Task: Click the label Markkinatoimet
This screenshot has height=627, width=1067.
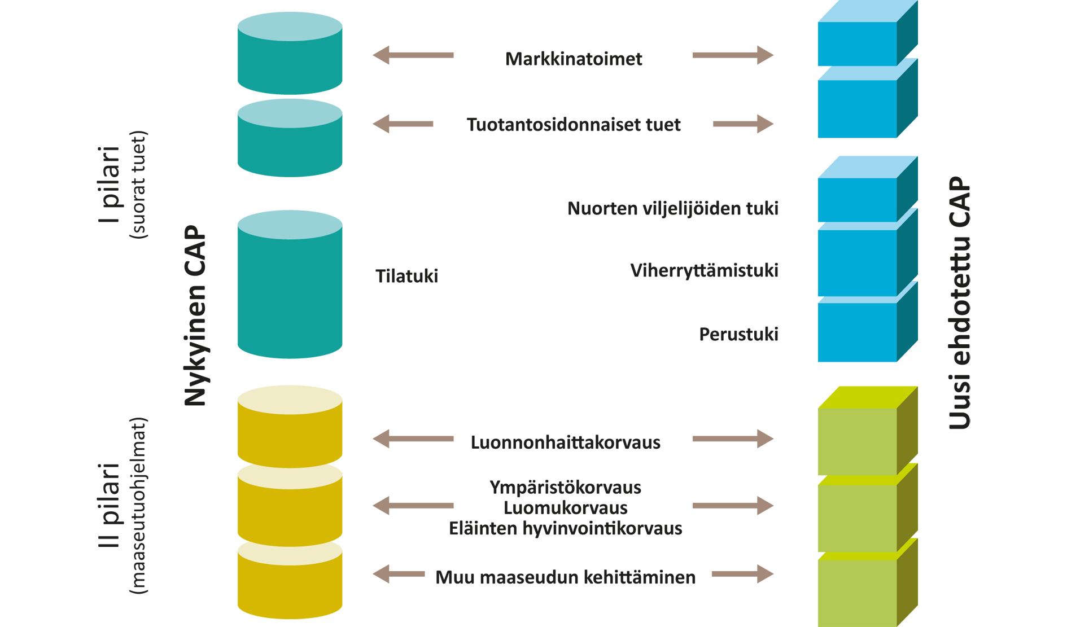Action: point(573,59)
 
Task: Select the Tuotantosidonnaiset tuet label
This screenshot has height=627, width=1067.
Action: point(573,124)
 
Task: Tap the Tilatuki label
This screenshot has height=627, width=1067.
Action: point(406,276)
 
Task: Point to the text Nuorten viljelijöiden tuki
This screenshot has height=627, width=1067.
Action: point(672,208)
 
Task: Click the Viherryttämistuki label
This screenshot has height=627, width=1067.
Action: point(704,270)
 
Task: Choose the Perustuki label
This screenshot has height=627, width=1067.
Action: point(738,334)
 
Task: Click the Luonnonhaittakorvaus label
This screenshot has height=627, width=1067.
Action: point(565,442)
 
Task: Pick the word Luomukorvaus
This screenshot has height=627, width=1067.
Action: point(565,507)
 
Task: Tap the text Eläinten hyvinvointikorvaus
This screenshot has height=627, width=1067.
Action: point(565,528)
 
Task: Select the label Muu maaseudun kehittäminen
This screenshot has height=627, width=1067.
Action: point(565,577)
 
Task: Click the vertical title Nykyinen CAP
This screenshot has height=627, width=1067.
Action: point(195,316)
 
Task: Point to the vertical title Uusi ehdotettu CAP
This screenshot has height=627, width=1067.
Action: point(959,303)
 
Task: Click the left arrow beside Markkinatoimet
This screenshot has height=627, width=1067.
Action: point(413,55)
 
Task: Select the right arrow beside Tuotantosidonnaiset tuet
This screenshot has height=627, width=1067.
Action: point(743,124)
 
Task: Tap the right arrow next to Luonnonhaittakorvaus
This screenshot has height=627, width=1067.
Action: point(733,439)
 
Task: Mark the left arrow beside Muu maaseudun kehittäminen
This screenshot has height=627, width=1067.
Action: point(399,574)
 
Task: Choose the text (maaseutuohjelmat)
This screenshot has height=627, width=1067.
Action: point(138,505)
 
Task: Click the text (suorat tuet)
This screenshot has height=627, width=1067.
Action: point(138,185)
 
